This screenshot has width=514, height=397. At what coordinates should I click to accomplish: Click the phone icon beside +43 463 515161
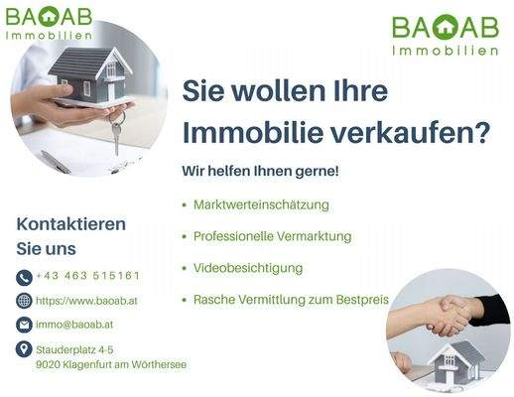coord(24,277)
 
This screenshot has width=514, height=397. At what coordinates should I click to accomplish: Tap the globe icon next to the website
coord(24,301)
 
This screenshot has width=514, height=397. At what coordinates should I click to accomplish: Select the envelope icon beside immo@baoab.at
coord(24,325)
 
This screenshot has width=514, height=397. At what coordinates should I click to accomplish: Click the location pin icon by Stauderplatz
coord(24,349)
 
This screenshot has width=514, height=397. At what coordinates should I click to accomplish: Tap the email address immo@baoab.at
coord(74,325)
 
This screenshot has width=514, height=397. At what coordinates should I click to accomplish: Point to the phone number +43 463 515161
coord(87,276)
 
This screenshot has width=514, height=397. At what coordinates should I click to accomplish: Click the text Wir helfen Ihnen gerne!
coord(260,172)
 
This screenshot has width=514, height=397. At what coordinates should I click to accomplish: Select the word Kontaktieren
coord(71,223)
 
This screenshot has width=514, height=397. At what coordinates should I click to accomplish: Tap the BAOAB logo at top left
coord(49,22)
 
